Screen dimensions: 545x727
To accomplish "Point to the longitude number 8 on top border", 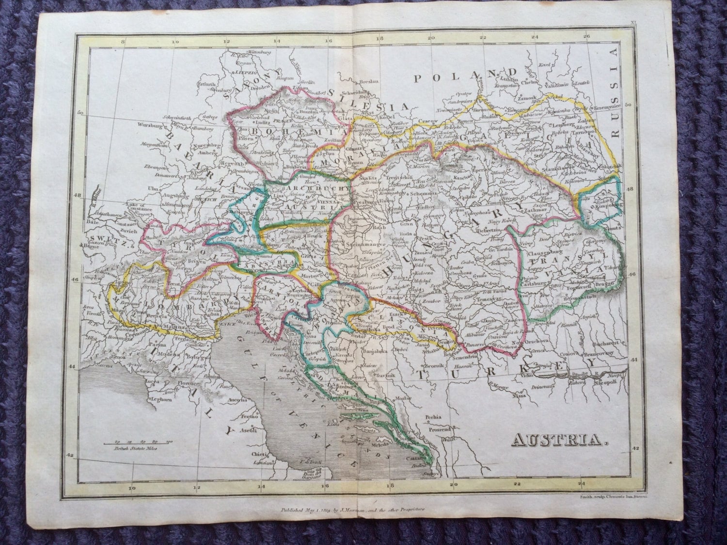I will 123,42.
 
